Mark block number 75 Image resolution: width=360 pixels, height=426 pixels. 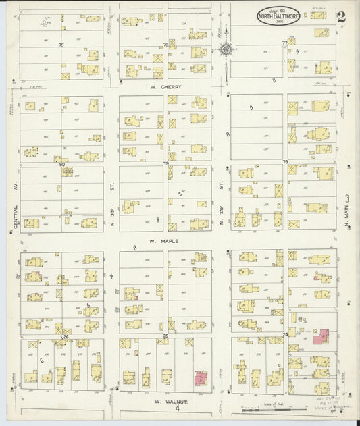(61, 45)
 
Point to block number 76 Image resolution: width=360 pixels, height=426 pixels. (165, 45)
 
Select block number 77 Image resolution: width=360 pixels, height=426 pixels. (285, 43)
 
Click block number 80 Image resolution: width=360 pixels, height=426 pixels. (61, 163)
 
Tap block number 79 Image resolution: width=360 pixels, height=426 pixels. (165, 163)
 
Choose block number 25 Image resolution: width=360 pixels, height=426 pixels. (165, 336)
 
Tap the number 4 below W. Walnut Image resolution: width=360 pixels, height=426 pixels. (178, 408)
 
